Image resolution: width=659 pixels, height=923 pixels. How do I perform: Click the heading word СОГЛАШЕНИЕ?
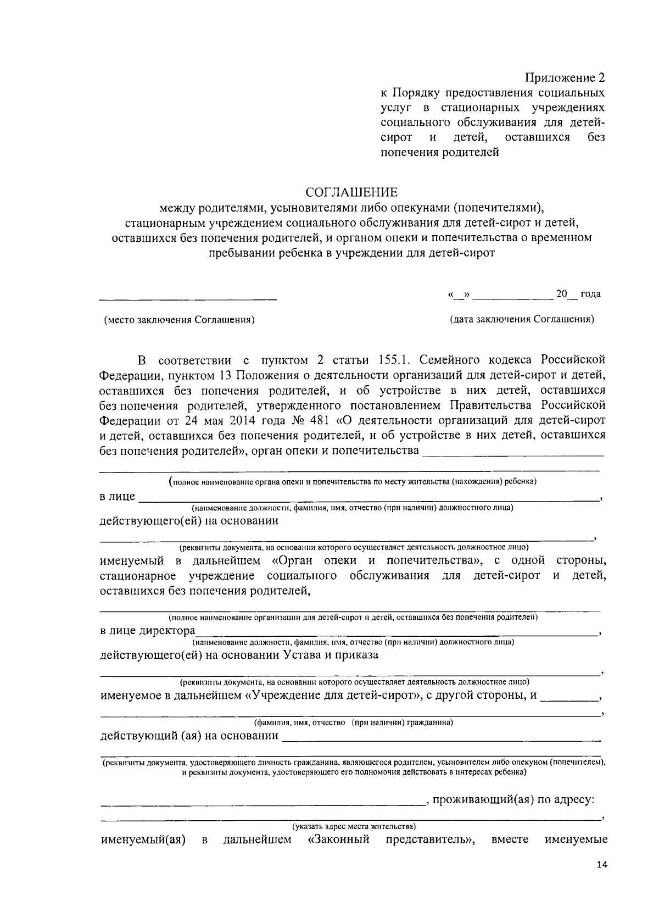351,192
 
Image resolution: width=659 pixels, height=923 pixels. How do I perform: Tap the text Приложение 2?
566,77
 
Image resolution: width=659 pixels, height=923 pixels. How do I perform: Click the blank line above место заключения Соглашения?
188,299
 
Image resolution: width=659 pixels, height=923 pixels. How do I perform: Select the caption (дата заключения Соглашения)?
522,319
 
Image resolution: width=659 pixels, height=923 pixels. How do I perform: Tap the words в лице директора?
147,630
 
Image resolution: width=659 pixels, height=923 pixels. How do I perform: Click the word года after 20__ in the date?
590,294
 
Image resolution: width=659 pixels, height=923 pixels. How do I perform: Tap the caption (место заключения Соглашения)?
180,319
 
